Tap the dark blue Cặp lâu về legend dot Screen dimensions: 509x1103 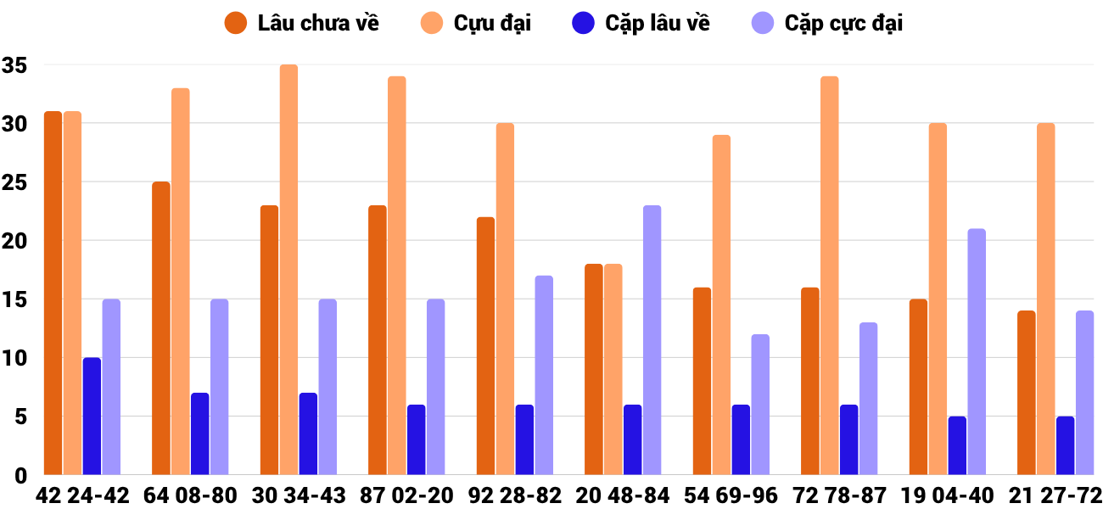click(x=583, y=23)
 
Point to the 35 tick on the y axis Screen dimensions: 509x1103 click(x=15, y=65)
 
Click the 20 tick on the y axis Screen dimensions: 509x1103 click(x=15, y=241)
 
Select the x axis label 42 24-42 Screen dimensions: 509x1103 click(x=82, y=495)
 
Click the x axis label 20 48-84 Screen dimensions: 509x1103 click(x=623, y=495)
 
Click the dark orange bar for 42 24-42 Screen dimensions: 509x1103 click(x=53, y=293)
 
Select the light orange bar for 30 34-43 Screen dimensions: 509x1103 click(x=288, y=270)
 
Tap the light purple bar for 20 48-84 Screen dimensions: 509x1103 click(x=652, y=339)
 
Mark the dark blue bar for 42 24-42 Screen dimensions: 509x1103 click(x=92, y=416)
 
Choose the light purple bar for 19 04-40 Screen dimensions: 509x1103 click(x=977, y=351)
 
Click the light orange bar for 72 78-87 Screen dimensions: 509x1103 click(x=830, y=276)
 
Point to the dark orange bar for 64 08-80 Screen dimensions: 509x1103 click(x=161, y=328)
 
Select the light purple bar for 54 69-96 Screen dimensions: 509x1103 click(x=760, y=404)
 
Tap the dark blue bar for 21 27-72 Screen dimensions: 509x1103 click(x=1066, y=445)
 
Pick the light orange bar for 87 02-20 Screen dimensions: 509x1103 click(x=397, y=276)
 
